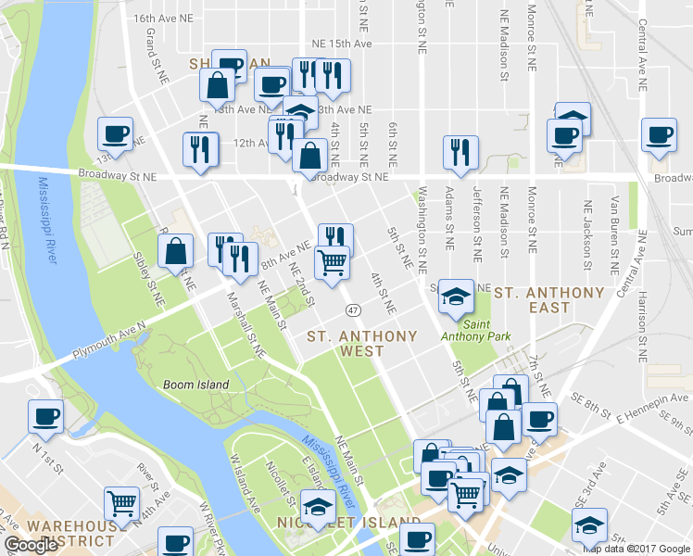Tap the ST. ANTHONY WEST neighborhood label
[361, 343]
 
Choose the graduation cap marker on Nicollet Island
[318, 506]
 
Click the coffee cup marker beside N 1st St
[45, 416]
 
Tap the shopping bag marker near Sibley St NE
[176, 251]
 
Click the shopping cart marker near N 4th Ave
[121, 503]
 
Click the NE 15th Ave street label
[342, 44]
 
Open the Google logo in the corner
[31, 545]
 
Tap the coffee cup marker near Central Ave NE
[659, 134]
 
